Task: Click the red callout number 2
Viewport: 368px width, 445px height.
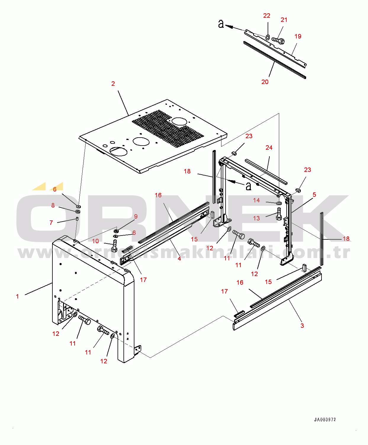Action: click(x=113, y=84)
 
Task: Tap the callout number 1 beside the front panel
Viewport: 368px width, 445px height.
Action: click(x=17, y=296)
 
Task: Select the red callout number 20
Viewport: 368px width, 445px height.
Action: click(x=265, y=82)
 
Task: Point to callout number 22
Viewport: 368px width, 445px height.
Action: click(x=267, y=16)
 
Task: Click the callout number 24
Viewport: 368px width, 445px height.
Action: click(x=269, y=147)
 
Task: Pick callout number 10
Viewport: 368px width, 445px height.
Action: click(x=95, y=241)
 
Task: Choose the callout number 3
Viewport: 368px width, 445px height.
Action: click(x=302, y=326)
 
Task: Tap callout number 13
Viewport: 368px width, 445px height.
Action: click(x=256, y=218)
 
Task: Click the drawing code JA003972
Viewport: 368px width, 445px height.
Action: click(x=325, y=420)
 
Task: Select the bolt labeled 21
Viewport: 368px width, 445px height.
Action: click(x=278, y=40)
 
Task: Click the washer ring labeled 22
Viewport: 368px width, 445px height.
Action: click(x=267, y=38)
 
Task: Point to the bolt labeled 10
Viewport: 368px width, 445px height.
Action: click(x=115, y=246)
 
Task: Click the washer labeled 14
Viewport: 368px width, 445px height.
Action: click(x=279, y=203)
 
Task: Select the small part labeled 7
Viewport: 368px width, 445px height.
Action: click(x=77, y=219)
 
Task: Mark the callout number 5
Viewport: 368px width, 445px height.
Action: click(x=314, y=195)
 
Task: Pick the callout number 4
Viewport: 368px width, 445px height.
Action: click(x=179, y=259)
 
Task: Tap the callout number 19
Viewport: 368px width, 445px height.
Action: click(x=298, y=36)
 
